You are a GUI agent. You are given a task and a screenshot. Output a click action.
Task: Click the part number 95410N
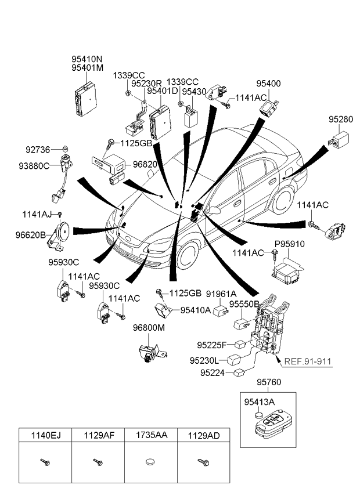tap(87, 59)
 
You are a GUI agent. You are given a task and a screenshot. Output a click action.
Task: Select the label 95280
tap(340, 120)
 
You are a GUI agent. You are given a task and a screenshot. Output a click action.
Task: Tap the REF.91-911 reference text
tap(308, 361)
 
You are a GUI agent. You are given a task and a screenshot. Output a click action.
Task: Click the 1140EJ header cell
tap(45, 434)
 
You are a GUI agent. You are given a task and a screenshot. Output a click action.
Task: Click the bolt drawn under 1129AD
tap(203, 462)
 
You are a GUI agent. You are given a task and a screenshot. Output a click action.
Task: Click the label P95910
tap(289, 245)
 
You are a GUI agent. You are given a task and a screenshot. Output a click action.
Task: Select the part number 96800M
tap(149, 328)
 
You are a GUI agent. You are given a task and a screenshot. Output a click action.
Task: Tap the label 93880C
tap(37, 167)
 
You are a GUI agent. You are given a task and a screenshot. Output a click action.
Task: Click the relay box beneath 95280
tap(340, 140)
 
